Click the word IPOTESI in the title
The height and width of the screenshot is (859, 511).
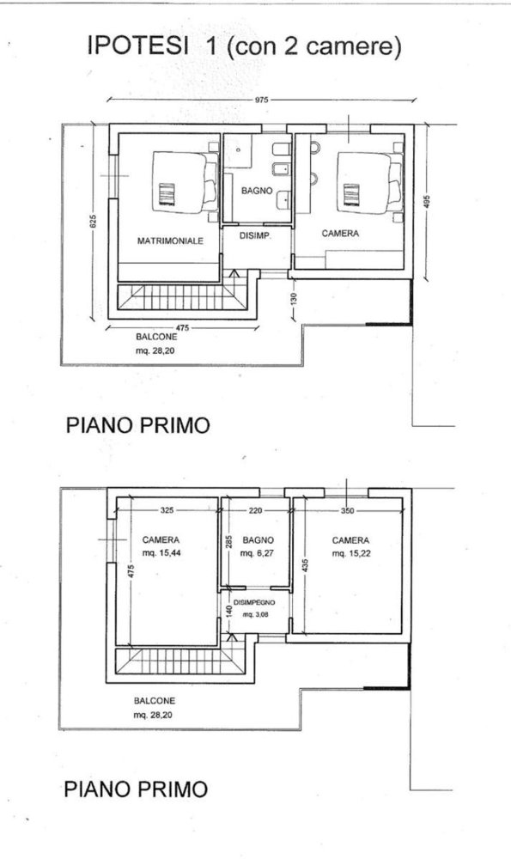pyautogui.click(x=137, y=48)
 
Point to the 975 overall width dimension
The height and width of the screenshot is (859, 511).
pyautogui.click(x=262, y=101)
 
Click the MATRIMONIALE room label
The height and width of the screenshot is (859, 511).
pyautogui.click(x=170, y=241)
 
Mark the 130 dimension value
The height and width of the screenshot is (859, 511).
pyautogui.click(x=293, y=298)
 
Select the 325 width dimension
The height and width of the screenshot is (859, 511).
pyautogui.click(x=167, y=510)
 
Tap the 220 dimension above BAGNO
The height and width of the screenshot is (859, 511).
pyautogui.click(x=255, y=510)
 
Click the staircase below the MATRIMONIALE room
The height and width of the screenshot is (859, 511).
pyautogui.click(x=180, y=299)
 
